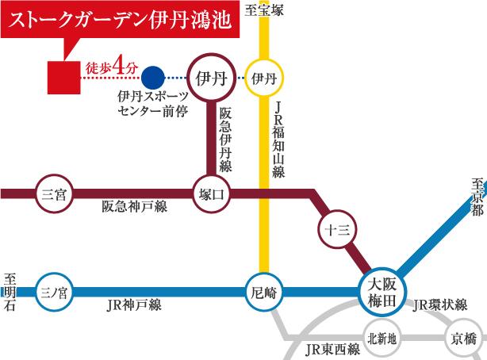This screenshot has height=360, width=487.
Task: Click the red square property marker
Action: pos(63,77)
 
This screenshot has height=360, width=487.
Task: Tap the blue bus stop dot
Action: pos(154,78)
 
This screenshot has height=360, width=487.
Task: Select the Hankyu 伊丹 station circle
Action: pos(211,78)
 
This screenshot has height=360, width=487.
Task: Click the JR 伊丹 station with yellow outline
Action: pos(263,78)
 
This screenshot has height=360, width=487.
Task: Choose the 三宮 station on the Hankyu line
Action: pos(56,193)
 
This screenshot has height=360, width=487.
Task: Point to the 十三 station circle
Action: pos(332,229)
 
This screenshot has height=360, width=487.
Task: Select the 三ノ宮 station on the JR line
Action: pos(56,292)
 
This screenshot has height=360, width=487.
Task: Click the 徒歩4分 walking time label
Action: pos(109,69)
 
